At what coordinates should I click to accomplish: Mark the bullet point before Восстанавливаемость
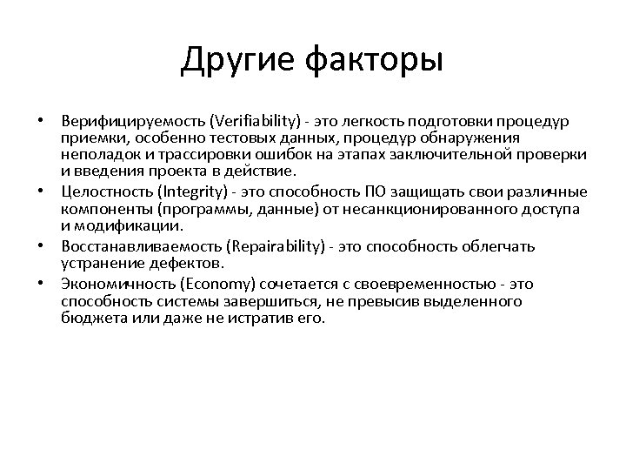[x=41, y=245]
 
